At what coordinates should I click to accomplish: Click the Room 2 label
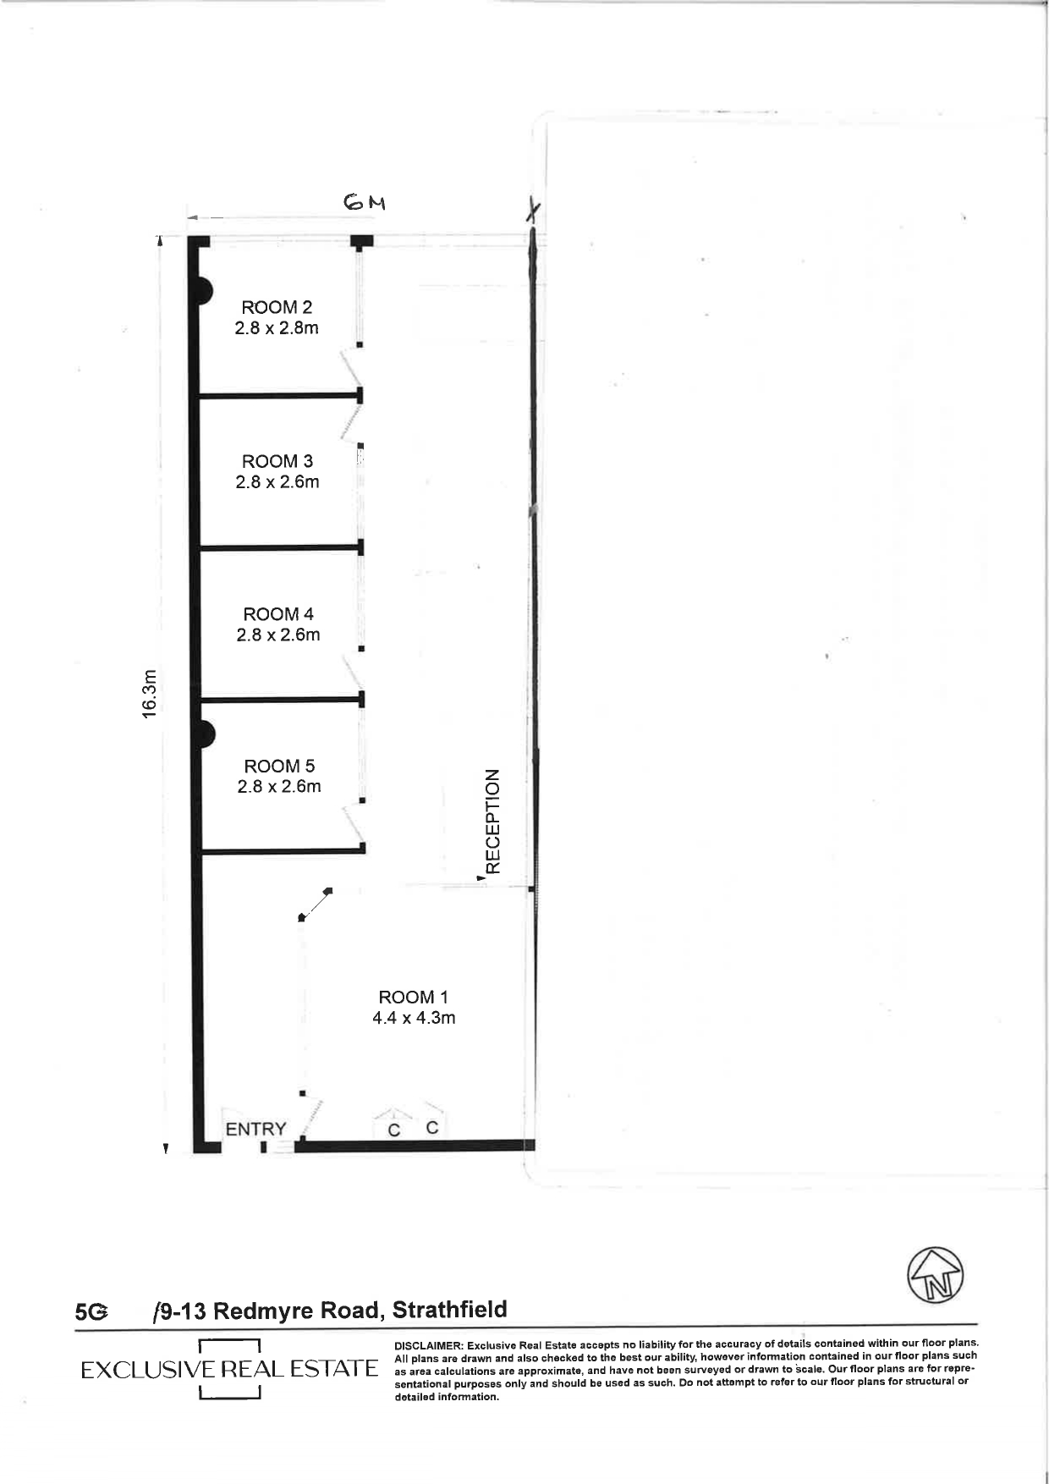pyautogui.click(x=276, y=307)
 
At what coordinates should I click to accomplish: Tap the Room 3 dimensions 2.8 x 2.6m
pyautogui.click(x=277, y=482)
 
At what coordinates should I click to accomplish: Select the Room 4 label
pyautogui.click(x=277, y=614)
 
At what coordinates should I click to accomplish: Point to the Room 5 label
pyautogui.click(x=278, y=766)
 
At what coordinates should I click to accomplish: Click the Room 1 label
pyautogui.click(x=413, y=998)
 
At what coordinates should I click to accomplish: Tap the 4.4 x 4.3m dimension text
pyautogui.click(x=413, y=1018)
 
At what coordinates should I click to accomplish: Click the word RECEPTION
pyautogui.click(x=493, y=821)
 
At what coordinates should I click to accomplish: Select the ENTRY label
pyautogui.click(x=255, y=1129)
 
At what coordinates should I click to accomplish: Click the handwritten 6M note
pyautogui.click(x=364, y=203)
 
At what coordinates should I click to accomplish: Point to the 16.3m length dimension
pyautogui.click(x=150, y=694)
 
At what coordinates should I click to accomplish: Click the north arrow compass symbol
pyautogui.click(x=936, y=1275)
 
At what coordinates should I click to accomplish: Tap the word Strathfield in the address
pyautogui.click(x=449, y=1310)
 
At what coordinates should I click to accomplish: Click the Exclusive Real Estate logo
pyautogui.click(x=228, y=1369)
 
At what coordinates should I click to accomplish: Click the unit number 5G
pyautogui.click(x=91, y=1312)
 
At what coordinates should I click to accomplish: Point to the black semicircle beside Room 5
pyautogui.click(x=204, y=734)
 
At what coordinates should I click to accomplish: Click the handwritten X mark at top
pyautogui.click(x=532, y=211)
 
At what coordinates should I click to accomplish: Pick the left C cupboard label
pyautogui.click(x=393, y=1129)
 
